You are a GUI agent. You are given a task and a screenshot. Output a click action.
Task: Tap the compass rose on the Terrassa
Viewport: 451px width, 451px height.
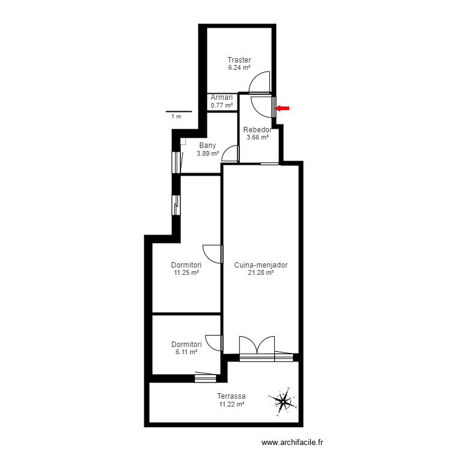pyautogui.click(x=282, y=401)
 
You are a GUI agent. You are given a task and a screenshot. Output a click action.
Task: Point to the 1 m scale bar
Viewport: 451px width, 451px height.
pyautogui.click(x=179, y=112)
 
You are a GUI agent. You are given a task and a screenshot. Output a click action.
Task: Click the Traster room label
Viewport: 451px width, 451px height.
pyautogui.click(x=239, y=60)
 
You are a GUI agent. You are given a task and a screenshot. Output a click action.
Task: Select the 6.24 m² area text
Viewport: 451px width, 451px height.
pyautogui.click(x=239, y=67)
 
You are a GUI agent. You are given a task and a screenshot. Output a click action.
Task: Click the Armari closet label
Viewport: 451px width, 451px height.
pyautogui.click(x=221, y=97)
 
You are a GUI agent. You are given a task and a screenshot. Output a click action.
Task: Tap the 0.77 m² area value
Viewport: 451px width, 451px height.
pyautogui.click(x=221, y=105)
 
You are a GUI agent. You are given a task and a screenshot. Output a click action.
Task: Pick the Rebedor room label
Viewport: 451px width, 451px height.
pyautogui.click(x=257, y=130)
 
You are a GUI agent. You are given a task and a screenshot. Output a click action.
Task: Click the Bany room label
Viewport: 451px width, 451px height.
pyautogui.click(x=207, y=146)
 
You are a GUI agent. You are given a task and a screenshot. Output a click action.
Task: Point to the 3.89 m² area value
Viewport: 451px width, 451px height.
pyautogui.click(x=207, y=153)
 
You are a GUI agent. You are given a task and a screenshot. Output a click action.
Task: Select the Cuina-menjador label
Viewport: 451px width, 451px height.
pyautogui.click(x=260, y=265)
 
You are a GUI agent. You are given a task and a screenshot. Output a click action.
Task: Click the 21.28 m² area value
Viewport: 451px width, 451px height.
pyautogui.click(x=260, y=272)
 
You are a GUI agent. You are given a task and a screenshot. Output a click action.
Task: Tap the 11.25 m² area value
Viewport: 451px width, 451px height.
pyautogui.click(x=186, y=272)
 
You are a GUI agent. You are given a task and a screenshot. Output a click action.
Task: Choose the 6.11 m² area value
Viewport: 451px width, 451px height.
pyautogui.click(x=186, y=352)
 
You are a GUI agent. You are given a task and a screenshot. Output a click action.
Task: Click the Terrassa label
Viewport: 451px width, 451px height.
pyautogui.click(x=232, y=396)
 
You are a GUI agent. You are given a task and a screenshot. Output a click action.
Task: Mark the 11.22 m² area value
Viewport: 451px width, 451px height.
pyautogui.click(x=232, y=405)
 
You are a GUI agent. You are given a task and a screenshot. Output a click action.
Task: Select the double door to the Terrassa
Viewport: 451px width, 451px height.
pyautogui.click(x=257, y=347)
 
